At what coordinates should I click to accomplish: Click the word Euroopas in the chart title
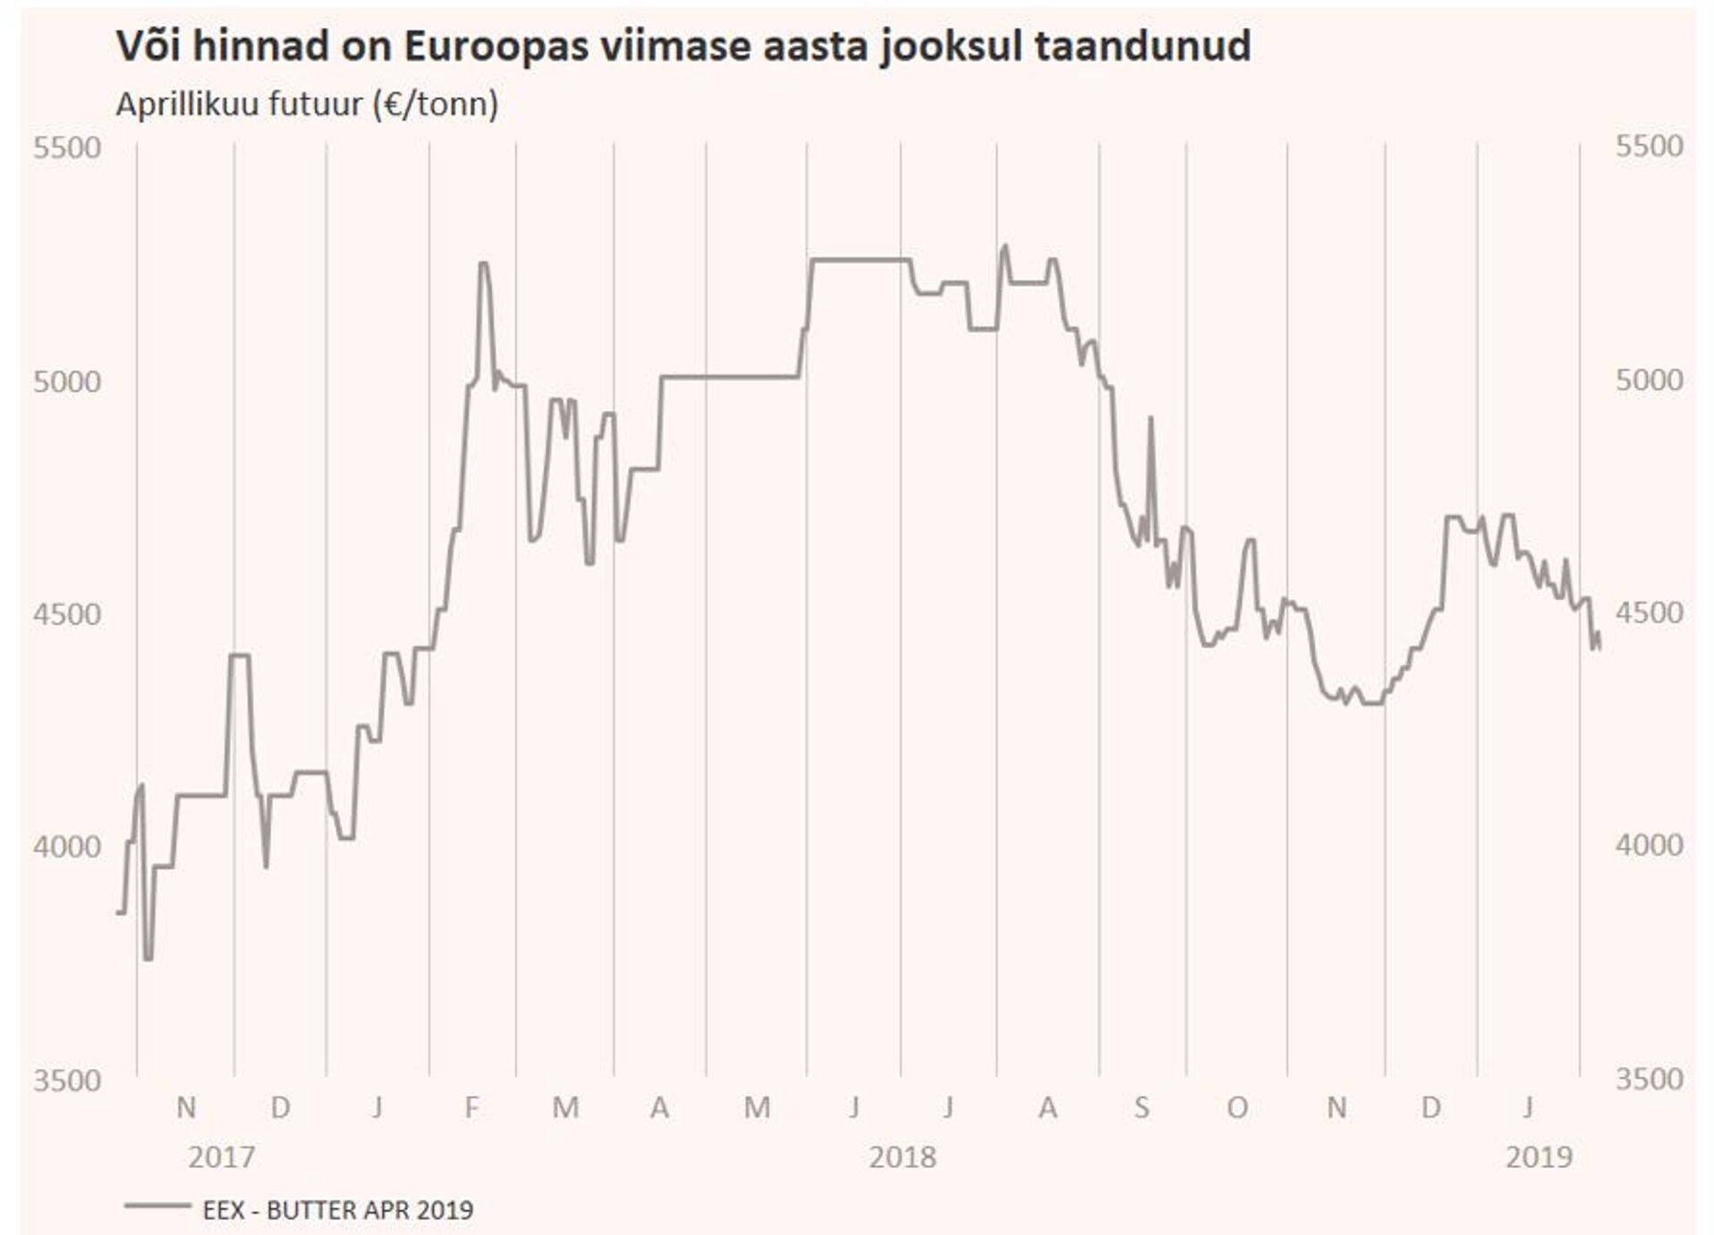pyautogui.click(x=495, y=46)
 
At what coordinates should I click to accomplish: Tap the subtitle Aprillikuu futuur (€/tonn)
pyautogui.click(x=307, y=104)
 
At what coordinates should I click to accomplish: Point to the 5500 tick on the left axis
pyautogui.click(x=67, y=147)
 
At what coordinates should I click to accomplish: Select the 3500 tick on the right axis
pyautogui.click(x=1649, y=1079)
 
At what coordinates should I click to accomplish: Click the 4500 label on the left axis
pyautogui.click(x=67, y=614)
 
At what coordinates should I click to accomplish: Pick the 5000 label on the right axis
pyautogui.click(x=1649, y=380)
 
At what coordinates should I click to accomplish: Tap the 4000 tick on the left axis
pyautogui.click(x=67, y=846)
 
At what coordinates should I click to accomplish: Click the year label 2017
pyautogui.click(x=221, y=1157)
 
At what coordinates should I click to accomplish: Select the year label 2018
pyautogui.click(x=903, y=1157)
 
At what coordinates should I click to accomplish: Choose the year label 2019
pyautogui.click(x=1539, y=1157)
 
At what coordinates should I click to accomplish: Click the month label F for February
pyautogui.click(x=471, y=1108)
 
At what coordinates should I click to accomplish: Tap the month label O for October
pyautogui.click(x=1236, y=1108)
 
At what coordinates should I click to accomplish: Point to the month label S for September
pyautogui.click(x=1141, y=1108)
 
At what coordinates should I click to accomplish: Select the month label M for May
pyautogui.click(x=757, y=1108)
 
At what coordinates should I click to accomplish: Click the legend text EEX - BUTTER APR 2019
pyautogui.click(x=338, y=1210)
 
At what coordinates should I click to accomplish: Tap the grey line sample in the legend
pyautogui.click(x=157, y=1206)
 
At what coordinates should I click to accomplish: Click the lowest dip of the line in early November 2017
pyautogui.click(x=148, y=959)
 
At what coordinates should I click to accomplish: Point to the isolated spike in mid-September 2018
pyautogui.click(x=1151, y=418)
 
